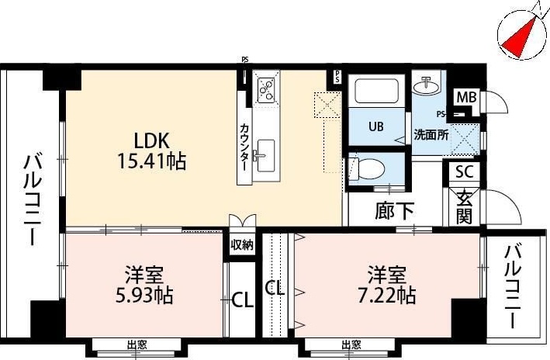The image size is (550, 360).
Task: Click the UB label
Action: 376,126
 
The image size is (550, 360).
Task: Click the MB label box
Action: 465,98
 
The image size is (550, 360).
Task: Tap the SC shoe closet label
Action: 464,172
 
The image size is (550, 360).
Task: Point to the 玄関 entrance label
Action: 464,206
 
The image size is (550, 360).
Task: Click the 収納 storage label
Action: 242,245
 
